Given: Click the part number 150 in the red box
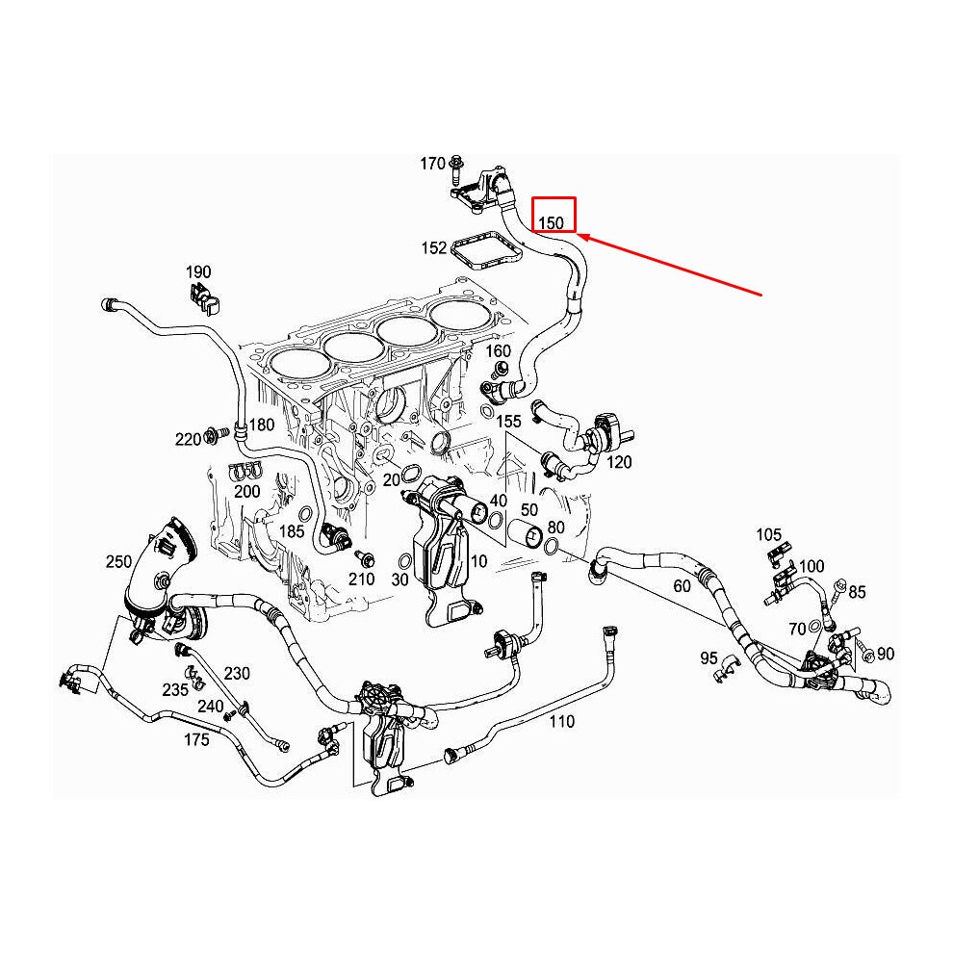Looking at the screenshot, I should (551, 222).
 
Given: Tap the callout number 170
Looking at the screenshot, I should (432, 164).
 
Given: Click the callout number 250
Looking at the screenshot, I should (118, 560).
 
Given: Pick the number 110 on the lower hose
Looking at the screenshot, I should (561, 721).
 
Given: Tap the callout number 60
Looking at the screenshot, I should (682, 585).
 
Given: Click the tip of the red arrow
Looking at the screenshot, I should (580, 236).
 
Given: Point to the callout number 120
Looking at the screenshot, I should (620, 462).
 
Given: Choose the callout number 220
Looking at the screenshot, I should (188, 439).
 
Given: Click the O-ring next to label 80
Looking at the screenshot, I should (553, 547).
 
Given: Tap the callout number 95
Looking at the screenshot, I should (708, 658).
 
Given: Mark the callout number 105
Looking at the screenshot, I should (768, 534).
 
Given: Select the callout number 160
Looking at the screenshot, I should (498, 350).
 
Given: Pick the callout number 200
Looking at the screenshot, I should (247, 491).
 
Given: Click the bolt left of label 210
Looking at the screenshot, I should (364, 557).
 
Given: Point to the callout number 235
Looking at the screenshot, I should (175, 689).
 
